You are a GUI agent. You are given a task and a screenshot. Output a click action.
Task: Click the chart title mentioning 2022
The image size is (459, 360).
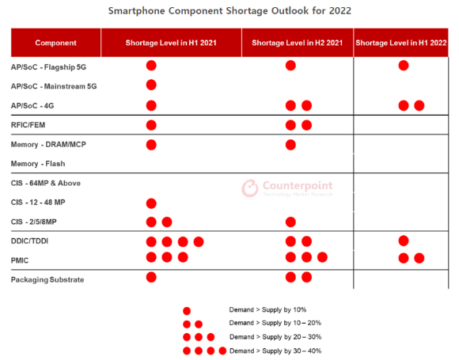(x=229, y=11)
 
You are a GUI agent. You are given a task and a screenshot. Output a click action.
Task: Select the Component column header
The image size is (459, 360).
(x=55, y=43)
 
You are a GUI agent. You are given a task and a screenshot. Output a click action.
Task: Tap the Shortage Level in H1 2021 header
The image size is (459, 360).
(x=171, y=43)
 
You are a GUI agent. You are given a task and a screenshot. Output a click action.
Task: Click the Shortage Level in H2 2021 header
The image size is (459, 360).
(x=297, y=43)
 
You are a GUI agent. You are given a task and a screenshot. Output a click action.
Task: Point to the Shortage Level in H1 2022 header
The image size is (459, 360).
(x=401, y=43)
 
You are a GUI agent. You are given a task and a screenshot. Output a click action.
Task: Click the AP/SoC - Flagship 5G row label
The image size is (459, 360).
(x=48, y=67)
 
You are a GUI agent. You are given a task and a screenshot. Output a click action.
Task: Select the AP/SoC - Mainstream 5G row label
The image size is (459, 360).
(x=54, y=86)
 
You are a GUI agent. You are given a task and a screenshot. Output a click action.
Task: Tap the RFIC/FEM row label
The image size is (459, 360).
(x=28, y=125)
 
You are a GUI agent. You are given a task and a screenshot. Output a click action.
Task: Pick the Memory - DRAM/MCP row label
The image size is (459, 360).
(x=48, y=145)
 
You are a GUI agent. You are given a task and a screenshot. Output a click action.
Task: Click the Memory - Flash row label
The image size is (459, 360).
(x=38, y=164)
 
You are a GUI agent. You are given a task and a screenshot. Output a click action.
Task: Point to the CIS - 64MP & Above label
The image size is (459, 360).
(x=46, y=184)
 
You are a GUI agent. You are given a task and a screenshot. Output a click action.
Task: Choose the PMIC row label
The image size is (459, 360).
(x=20, y=260)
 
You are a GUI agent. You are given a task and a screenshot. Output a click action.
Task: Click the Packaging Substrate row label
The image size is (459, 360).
(x=47, y=280)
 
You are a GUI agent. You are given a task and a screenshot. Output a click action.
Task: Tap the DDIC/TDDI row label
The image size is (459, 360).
(x=29, y=241)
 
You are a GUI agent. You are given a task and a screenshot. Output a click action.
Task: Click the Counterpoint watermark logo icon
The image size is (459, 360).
(x=250, y=188)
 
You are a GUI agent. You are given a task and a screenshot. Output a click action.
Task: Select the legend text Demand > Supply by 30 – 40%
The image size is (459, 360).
(x=275, y=351)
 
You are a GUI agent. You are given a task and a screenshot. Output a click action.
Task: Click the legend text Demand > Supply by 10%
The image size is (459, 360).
(x=267, y=309)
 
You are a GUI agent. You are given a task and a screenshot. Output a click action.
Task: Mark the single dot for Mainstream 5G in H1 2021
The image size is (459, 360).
(x=151, y=85)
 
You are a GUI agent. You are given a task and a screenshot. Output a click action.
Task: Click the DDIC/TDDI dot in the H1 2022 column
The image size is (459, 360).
(x=404, y=241)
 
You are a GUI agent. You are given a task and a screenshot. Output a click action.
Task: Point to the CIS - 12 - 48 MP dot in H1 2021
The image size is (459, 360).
(x=151, y=203)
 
